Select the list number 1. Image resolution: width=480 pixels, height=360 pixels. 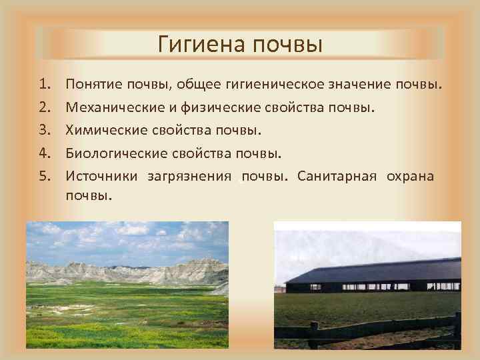[x=44, y=85]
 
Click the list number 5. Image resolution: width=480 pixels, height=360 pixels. [x=44, y=175]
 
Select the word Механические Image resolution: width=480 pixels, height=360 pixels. [x=113, y=107]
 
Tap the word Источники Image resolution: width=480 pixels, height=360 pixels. [x=101, y=175]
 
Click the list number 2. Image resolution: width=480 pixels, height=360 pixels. [x=44, y=107]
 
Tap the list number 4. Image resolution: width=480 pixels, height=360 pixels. [x=44, y=153]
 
